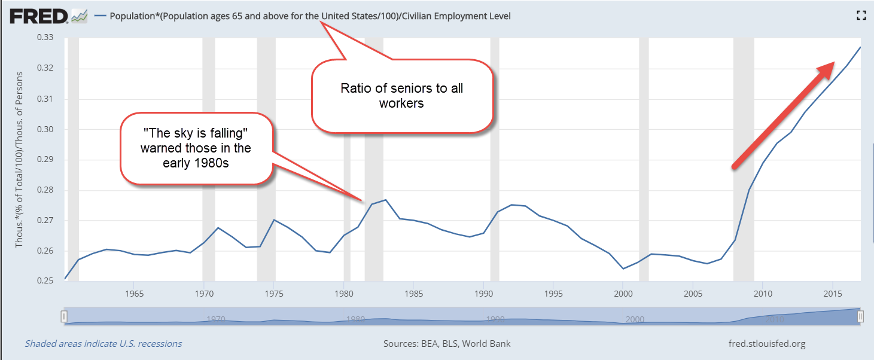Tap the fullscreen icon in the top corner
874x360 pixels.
click(861, 16)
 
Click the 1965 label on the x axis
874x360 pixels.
click(134, 294)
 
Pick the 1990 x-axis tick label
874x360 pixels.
click(483, 294)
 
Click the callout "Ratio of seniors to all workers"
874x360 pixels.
click(402, 96)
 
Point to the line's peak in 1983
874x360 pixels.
click(386, 200)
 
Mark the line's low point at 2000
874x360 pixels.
click(623, 269)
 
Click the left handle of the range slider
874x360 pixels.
click(65, 316)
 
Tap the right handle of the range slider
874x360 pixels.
click(860, 316)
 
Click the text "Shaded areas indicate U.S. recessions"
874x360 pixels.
click(103, 344)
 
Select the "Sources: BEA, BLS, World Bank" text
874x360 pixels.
click(447, 344)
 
